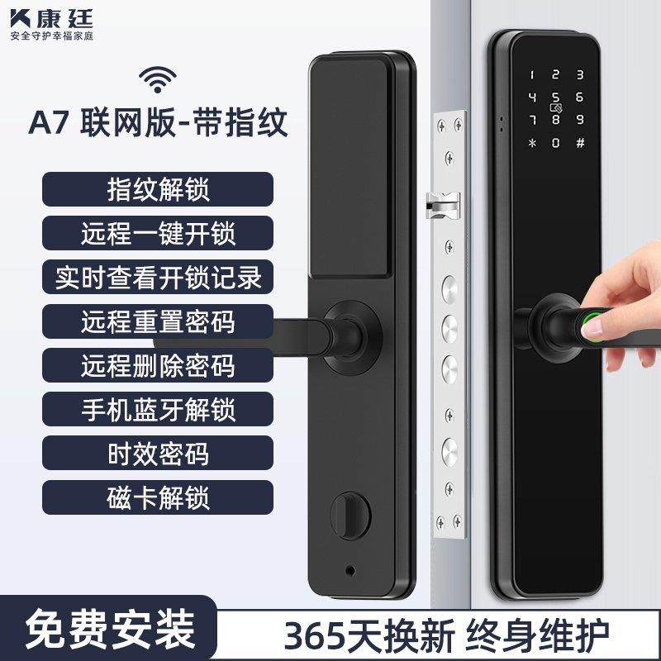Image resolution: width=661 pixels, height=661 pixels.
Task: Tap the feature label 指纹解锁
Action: point(157,188)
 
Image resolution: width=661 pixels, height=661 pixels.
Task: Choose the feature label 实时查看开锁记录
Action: point(157,277)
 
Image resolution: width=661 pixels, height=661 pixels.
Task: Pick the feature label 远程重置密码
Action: point(157,321)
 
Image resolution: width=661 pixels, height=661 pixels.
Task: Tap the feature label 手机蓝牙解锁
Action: point(157,409)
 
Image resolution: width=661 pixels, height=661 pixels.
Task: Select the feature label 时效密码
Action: point(157,454)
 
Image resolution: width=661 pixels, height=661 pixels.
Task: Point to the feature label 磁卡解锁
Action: point(157,497)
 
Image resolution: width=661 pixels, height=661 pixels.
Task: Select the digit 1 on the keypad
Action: point(532,74)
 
